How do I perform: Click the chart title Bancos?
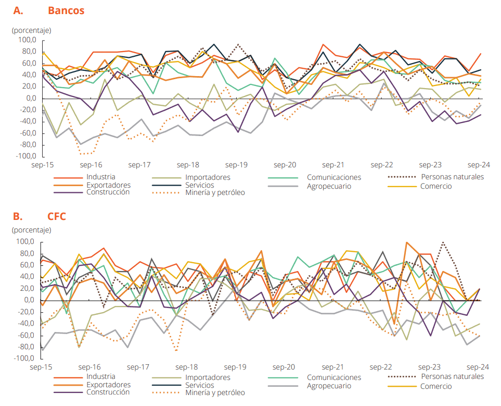point(66,10)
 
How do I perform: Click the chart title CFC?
point(57,216)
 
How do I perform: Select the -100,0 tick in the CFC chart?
point(24,359)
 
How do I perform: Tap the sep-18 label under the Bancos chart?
point(188,165)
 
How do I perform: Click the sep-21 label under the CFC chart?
point(333,367)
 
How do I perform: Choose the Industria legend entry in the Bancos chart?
point(101,177)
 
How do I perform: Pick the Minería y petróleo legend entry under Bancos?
point(215,192)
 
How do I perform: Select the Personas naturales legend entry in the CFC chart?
point(452,376)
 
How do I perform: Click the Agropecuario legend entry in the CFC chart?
point(329,386)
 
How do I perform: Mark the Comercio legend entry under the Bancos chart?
point(436,186)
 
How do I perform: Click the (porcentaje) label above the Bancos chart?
point(31,30)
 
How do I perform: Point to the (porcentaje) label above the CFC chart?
point(31,230)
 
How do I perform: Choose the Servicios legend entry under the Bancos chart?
point(199,184)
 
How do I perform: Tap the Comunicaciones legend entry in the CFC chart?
point(333,377)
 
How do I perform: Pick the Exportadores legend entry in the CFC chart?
point(108,385)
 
